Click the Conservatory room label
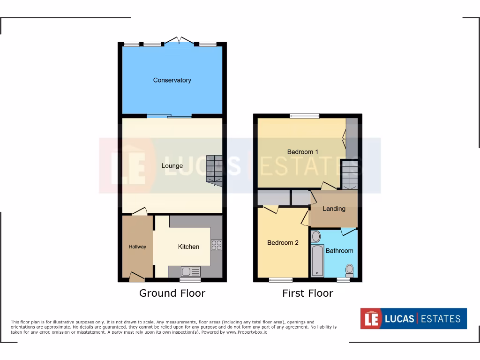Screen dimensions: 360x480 coord(172,80)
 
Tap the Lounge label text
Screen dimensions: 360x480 coord(172,166)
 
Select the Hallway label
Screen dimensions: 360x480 coord(138,247)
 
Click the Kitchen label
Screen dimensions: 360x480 coord(188,247)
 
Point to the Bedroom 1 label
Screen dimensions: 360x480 coord(303,152)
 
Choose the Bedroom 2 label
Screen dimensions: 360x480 coord(283,243)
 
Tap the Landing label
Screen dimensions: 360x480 coord(334,209)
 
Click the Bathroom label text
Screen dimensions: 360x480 coord(339,251)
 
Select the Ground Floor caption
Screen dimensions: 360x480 coord(172,293)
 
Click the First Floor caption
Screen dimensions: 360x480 coord(307,293)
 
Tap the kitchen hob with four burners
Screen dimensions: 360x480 coord(217,245)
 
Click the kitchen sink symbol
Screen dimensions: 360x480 coord(190,271)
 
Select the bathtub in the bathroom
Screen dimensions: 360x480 coord(317,261)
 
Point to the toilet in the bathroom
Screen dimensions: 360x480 coord(349,270)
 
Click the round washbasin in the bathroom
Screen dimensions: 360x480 coord(316,236)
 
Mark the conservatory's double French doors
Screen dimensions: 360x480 coord(179,41)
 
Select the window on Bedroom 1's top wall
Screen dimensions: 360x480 coord(304,116)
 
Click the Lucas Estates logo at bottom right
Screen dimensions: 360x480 coord(413,319)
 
